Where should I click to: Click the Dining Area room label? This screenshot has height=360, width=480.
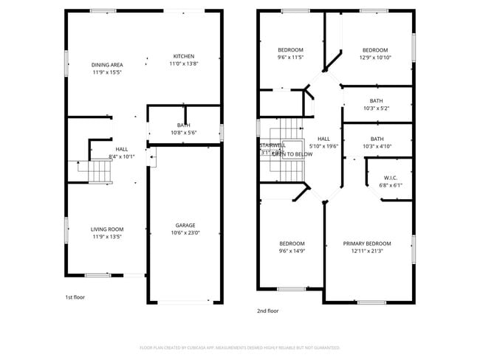pyautogui.click(x=106, y=65)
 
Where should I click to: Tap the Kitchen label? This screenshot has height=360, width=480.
pyautogui.click(x=184, y=57)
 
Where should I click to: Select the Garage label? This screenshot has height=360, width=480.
pyautogui.click(x=185, y=226)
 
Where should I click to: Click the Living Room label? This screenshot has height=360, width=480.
pyautogui.click(x=106, y=229)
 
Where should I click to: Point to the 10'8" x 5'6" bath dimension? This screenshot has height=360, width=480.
pyautogui.click(x=184, y=133)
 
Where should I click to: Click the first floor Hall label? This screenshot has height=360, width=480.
pyautogui.click(x=121, y=149)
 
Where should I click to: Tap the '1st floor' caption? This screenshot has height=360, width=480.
pyautogui.click(x=75, y=297)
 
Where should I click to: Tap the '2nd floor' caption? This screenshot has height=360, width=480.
pyautogui.click(x=268, y=311)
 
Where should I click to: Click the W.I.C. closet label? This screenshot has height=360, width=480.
pyautogui.click(x=391, y=178)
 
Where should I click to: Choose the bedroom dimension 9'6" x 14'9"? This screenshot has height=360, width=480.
pyautogui.click(x=291, y=252)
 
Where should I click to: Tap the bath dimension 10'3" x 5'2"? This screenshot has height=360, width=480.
pyautogui.click(x=376, y=108)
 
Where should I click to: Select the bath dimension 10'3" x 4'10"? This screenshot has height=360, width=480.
pyautogui.click(x=377, y=146)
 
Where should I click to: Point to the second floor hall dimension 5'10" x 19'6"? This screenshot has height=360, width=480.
pyautogui.click(x=323, y=146)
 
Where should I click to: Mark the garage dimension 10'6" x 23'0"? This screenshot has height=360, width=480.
pyautogui.click(x=185, y=233)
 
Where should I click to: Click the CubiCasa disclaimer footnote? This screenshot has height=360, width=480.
pyautogui.click(x=239, y=347)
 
